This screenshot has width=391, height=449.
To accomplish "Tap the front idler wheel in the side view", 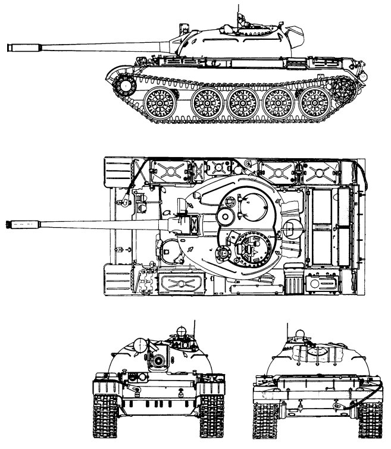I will (125, 86).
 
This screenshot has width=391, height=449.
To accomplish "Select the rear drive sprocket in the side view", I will (345, 89).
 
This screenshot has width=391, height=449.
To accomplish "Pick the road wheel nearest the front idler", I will (158, 103).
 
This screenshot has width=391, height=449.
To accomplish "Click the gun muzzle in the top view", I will (13, 224).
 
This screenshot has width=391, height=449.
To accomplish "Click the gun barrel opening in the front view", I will (158, 360).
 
